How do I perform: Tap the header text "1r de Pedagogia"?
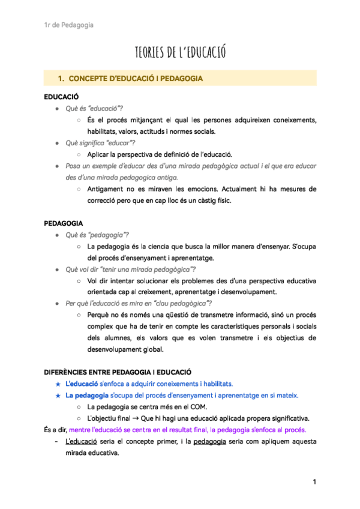(x=68, y=25)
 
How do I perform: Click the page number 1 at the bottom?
(x=313, y=482)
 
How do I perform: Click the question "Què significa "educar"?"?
(x=100, y=142)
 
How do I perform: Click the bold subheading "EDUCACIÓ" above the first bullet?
(x=61, y=97)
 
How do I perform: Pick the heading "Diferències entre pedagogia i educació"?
(x=118, y=372)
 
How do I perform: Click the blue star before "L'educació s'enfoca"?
(x=57, y=384)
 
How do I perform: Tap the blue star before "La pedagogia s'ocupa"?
(x=57, y=396)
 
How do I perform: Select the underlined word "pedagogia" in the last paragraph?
(x=210, y=442)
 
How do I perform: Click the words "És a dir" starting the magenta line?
(x=55, y=430)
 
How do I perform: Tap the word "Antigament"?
(x=106, y=189)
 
